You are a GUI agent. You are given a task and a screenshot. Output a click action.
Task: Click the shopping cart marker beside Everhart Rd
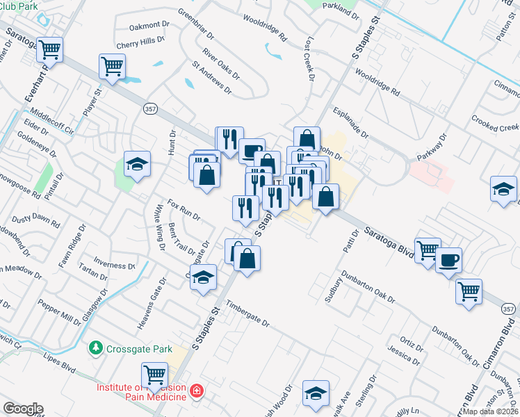(49, 50)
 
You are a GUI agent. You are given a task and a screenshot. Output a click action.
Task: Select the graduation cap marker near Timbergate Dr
(203, 277)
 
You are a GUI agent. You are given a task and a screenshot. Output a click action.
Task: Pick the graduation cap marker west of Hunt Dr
(137, 164)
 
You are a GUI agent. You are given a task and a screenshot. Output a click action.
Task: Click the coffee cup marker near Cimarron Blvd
(448, 259)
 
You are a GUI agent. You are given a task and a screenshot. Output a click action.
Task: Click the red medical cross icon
(197, 391)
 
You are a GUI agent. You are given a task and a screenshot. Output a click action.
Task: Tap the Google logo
(23, 409)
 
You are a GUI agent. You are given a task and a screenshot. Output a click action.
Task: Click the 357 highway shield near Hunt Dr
(150, 109)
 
